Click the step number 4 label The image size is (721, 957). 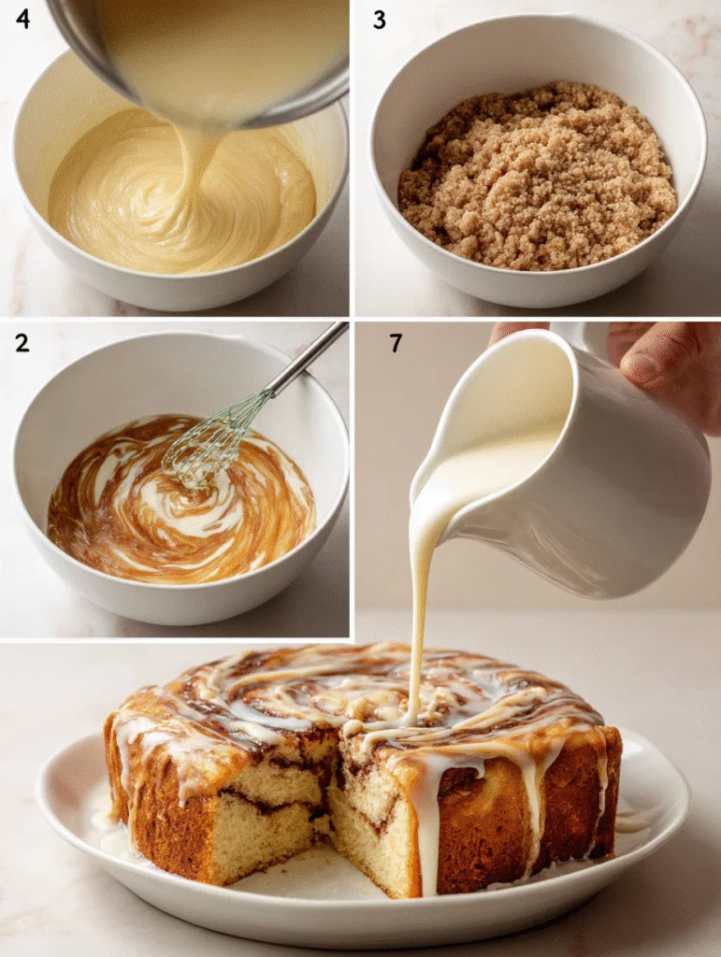point(22,19)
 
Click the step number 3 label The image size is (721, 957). point(379,20)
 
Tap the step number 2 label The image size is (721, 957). point(22,342)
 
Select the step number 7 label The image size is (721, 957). point(396,343)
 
